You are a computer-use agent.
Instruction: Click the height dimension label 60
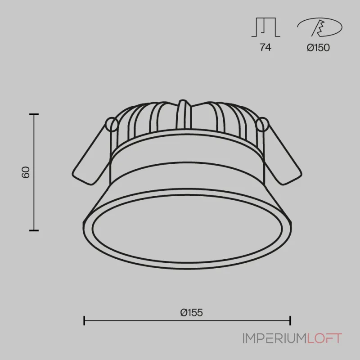point(26,172)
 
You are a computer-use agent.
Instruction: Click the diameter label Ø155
point(192,312)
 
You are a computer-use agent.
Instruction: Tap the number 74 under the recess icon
point(265,47)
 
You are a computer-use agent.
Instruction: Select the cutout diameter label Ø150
point(319,48)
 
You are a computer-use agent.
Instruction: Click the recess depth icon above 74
point(265,27)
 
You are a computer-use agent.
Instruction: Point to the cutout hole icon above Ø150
point(319,27)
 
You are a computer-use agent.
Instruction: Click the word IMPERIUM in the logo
point(274,338)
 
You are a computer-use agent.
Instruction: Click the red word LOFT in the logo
point(324,338)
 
